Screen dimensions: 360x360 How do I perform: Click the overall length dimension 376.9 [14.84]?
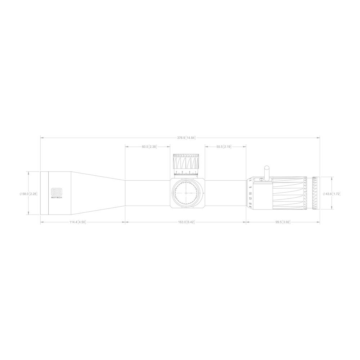pyautogui.click(x=186, y=138)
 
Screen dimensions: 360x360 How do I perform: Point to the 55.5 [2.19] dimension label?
pyautogui.click(x=224, y=147)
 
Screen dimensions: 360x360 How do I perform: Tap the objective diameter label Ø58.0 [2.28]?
pyautogui.click(x=29, y=194)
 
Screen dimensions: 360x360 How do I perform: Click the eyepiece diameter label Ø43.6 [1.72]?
pyautogui.click(x=332, y=194)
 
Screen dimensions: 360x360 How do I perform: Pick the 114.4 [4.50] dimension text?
pyautogui.click(x=77, y=222)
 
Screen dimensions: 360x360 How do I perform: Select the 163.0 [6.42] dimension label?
pyautogui.click(x=186, y=222)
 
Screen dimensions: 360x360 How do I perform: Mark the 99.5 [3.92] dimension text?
pyautogui.click(x=283, y=222)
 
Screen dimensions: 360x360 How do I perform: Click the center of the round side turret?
pyautogui.click(x=186, y=193)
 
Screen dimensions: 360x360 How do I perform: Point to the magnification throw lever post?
pyautogui.click(x=267, y=172)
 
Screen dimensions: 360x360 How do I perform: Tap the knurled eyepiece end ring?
pyautogui.click(x=316, y=193)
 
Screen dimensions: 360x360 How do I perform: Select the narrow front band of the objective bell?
pyautogui.click(x=44, y=193)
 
